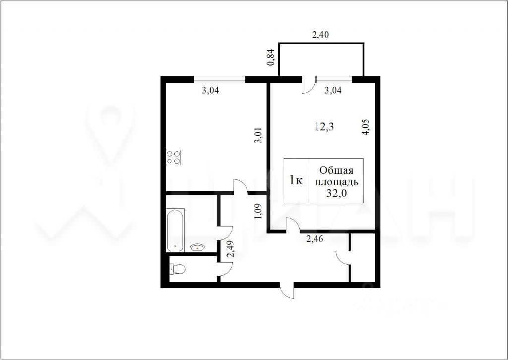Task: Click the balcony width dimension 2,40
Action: click(320, 35)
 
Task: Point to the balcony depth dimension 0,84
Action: click(271, 57)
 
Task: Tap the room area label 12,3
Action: click(324, 127)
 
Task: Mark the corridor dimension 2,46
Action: click(315, 239)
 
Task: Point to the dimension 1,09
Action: click(258, 211)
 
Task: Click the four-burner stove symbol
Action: click(173, 157)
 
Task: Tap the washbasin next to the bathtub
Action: click(197, 248)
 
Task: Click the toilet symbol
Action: click(177, 268)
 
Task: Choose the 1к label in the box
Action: click(296, 180)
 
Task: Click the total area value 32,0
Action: click(337, 193)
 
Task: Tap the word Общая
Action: click(336, 170)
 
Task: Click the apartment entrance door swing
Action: click(288, 291)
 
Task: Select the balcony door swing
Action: click(308, 85)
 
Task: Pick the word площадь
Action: click(337, 182)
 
